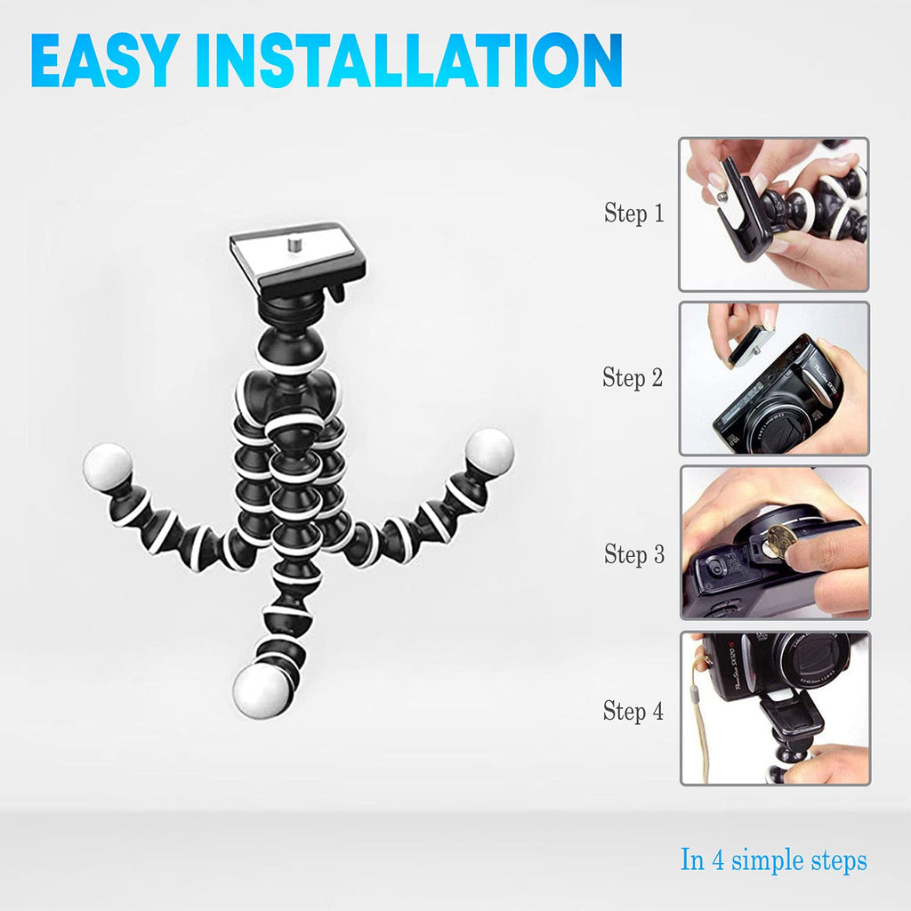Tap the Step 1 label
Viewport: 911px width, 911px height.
point(633,214)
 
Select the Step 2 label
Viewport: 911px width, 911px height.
point(633,377)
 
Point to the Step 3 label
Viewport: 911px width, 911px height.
point(633,554)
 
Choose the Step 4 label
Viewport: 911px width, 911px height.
point(633,711)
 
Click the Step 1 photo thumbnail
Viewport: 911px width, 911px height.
point(774,214)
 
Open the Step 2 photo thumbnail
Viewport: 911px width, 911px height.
point(774,378)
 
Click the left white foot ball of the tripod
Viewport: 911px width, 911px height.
point(108,465)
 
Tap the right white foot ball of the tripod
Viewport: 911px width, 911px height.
point(490,450)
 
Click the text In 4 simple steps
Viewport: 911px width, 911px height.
point(773,860)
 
